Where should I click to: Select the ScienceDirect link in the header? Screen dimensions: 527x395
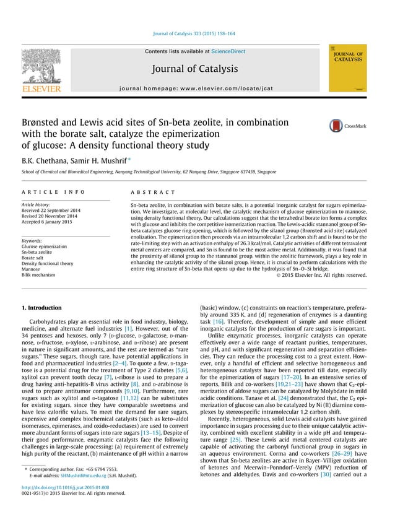(x=228, y=51)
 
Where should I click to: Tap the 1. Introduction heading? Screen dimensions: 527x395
(x=41, y=308)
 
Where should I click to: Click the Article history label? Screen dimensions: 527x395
(x=37, y=204)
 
